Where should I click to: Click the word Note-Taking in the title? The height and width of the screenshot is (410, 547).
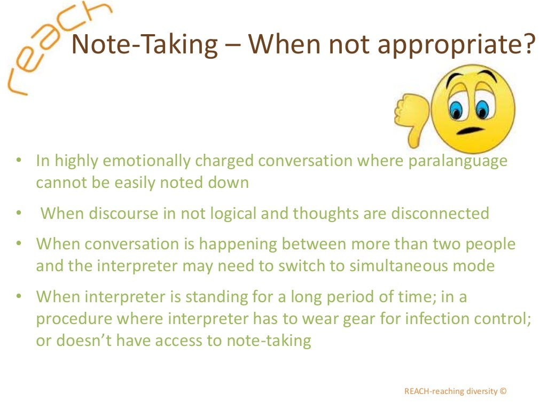click(x=144, y=45)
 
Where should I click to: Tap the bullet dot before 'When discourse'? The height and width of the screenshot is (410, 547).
click(x=19, y=214)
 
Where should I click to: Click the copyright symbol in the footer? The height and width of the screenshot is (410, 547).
click(x=503, y=391)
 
